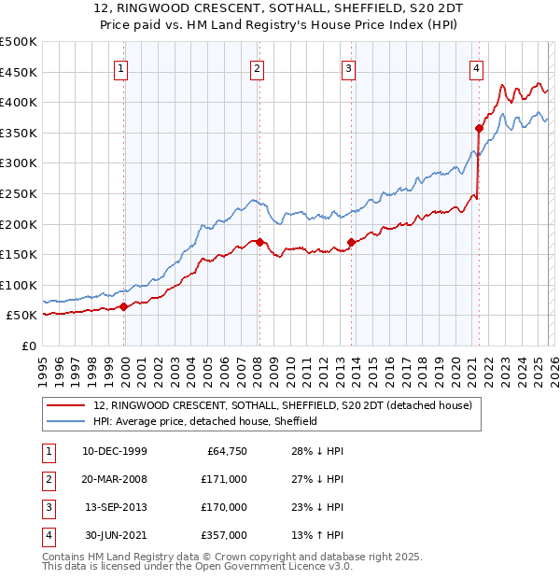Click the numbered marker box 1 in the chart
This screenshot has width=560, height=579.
[123, 67]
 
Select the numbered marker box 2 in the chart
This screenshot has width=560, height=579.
[257, 67]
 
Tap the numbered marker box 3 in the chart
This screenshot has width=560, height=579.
[347, 67]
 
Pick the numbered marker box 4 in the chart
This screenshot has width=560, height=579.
[476, 67]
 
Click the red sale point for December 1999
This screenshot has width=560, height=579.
[124, 306]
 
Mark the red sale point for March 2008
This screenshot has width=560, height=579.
[259, 242]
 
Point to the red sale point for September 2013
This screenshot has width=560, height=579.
[351, 242]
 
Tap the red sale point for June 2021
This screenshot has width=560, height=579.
[479, 128]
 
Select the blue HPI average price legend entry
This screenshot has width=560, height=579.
[205, 421]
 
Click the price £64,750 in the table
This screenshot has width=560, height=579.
[226, 451]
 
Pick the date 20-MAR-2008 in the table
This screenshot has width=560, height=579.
[115, 479]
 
